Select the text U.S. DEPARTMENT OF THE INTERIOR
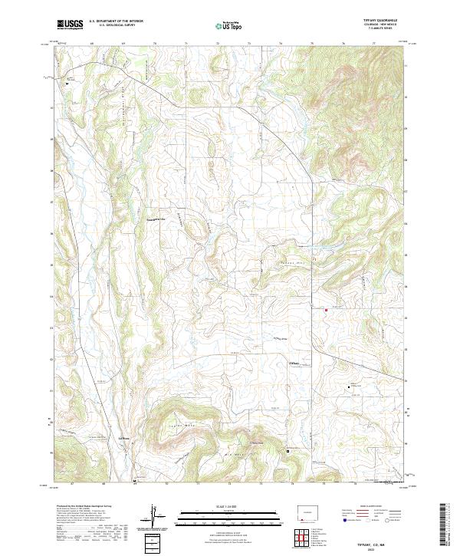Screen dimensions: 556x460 tap(116, 21)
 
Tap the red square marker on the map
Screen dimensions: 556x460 tap(326, 310)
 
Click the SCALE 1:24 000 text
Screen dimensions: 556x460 tap(222, 505)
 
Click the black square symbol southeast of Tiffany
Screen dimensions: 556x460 tap(350, 387)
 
